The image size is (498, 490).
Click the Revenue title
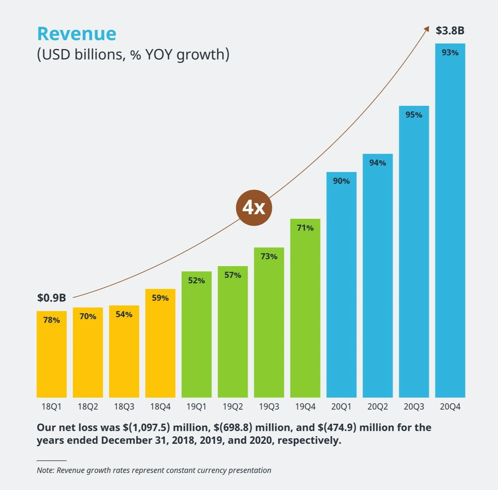coord(76,34)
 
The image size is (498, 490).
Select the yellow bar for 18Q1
coord(51,357)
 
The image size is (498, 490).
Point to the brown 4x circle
coord(254,207)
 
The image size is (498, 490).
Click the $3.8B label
coord(450,31)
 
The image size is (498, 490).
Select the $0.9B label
coord(51,298)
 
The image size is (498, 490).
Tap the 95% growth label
coord(414,115)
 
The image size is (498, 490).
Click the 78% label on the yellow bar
coord(51,320)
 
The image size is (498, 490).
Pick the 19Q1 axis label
coord(196,407)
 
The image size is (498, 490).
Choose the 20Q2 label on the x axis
coord(377,407)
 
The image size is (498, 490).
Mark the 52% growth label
coord(196,281)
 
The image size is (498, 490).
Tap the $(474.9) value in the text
coord(337,427)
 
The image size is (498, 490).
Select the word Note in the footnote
coord(45,470)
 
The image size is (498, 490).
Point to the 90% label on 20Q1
coord(341,181)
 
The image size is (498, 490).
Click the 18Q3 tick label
coord(124,407)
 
